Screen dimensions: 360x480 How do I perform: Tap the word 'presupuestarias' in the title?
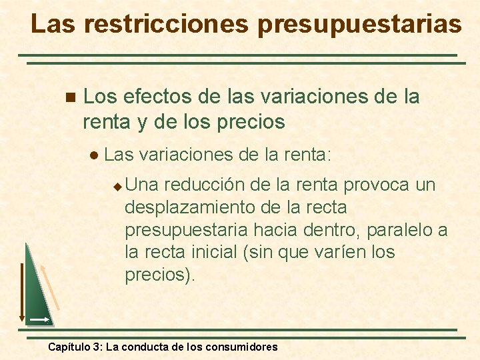pyautogui.click(x=359, y=24)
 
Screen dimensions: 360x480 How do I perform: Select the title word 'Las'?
pyautogui.click(x=53, y=24)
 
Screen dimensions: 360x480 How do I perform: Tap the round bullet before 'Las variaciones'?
pyautogui.click(x=94, y=155)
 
